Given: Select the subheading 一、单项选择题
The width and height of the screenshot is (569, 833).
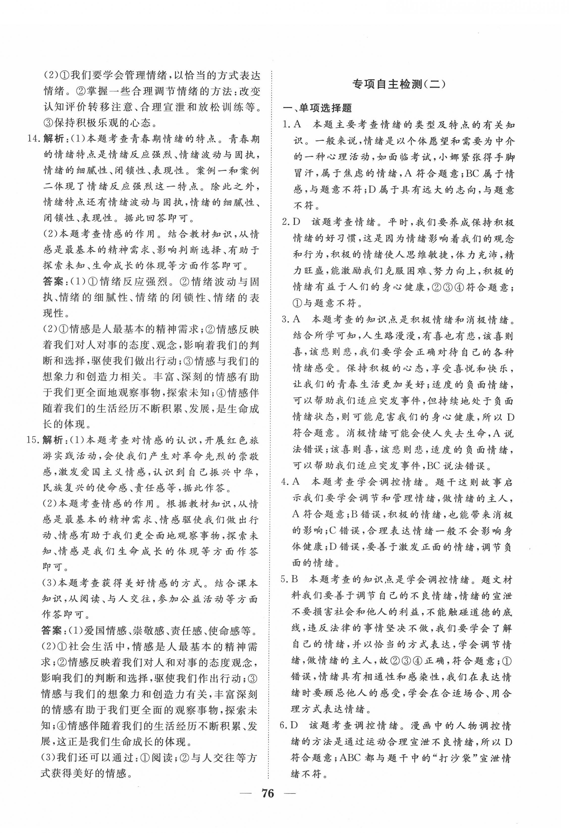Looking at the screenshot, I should point(312,108).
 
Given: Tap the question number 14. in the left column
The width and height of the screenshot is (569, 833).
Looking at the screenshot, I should point(34,139).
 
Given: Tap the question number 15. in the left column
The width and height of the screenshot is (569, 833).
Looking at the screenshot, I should point(34,440).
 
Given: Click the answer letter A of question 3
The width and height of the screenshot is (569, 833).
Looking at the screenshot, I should point(296,319).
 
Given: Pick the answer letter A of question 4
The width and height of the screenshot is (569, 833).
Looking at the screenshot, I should point(296,482).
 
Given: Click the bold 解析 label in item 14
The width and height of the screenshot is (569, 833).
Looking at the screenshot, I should point(54,139).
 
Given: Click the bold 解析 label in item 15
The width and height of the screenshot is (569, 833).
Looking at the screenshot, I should point(54,440).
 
